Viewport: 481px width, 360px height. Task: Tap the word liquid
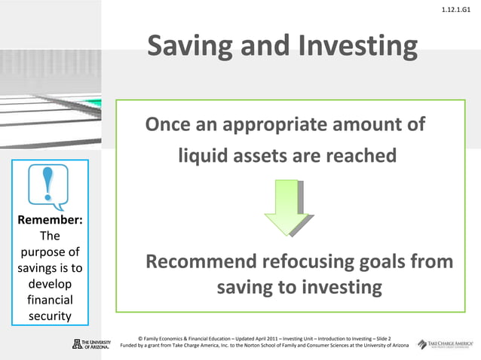[202, 156]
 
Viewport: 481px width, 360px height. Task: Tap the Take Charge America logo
[448, 343]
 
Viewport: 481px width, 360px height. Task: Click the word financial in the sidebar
[50, 299]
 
